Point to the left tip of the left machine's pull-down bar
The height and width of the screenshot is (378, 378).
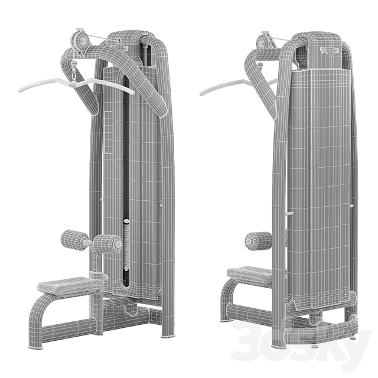click(x=20, y=90)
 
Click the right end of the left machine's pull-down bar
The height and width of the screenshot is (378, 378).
click(x=132, y=92)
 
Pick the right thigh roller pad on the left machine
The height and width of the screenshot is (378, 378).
click(x=108, y=244)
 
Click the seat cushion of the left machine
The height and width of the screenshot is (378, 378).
click(x=70, y=285)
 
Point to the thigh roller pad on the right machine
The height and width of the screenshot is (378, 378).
click(x=259, y=241)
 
